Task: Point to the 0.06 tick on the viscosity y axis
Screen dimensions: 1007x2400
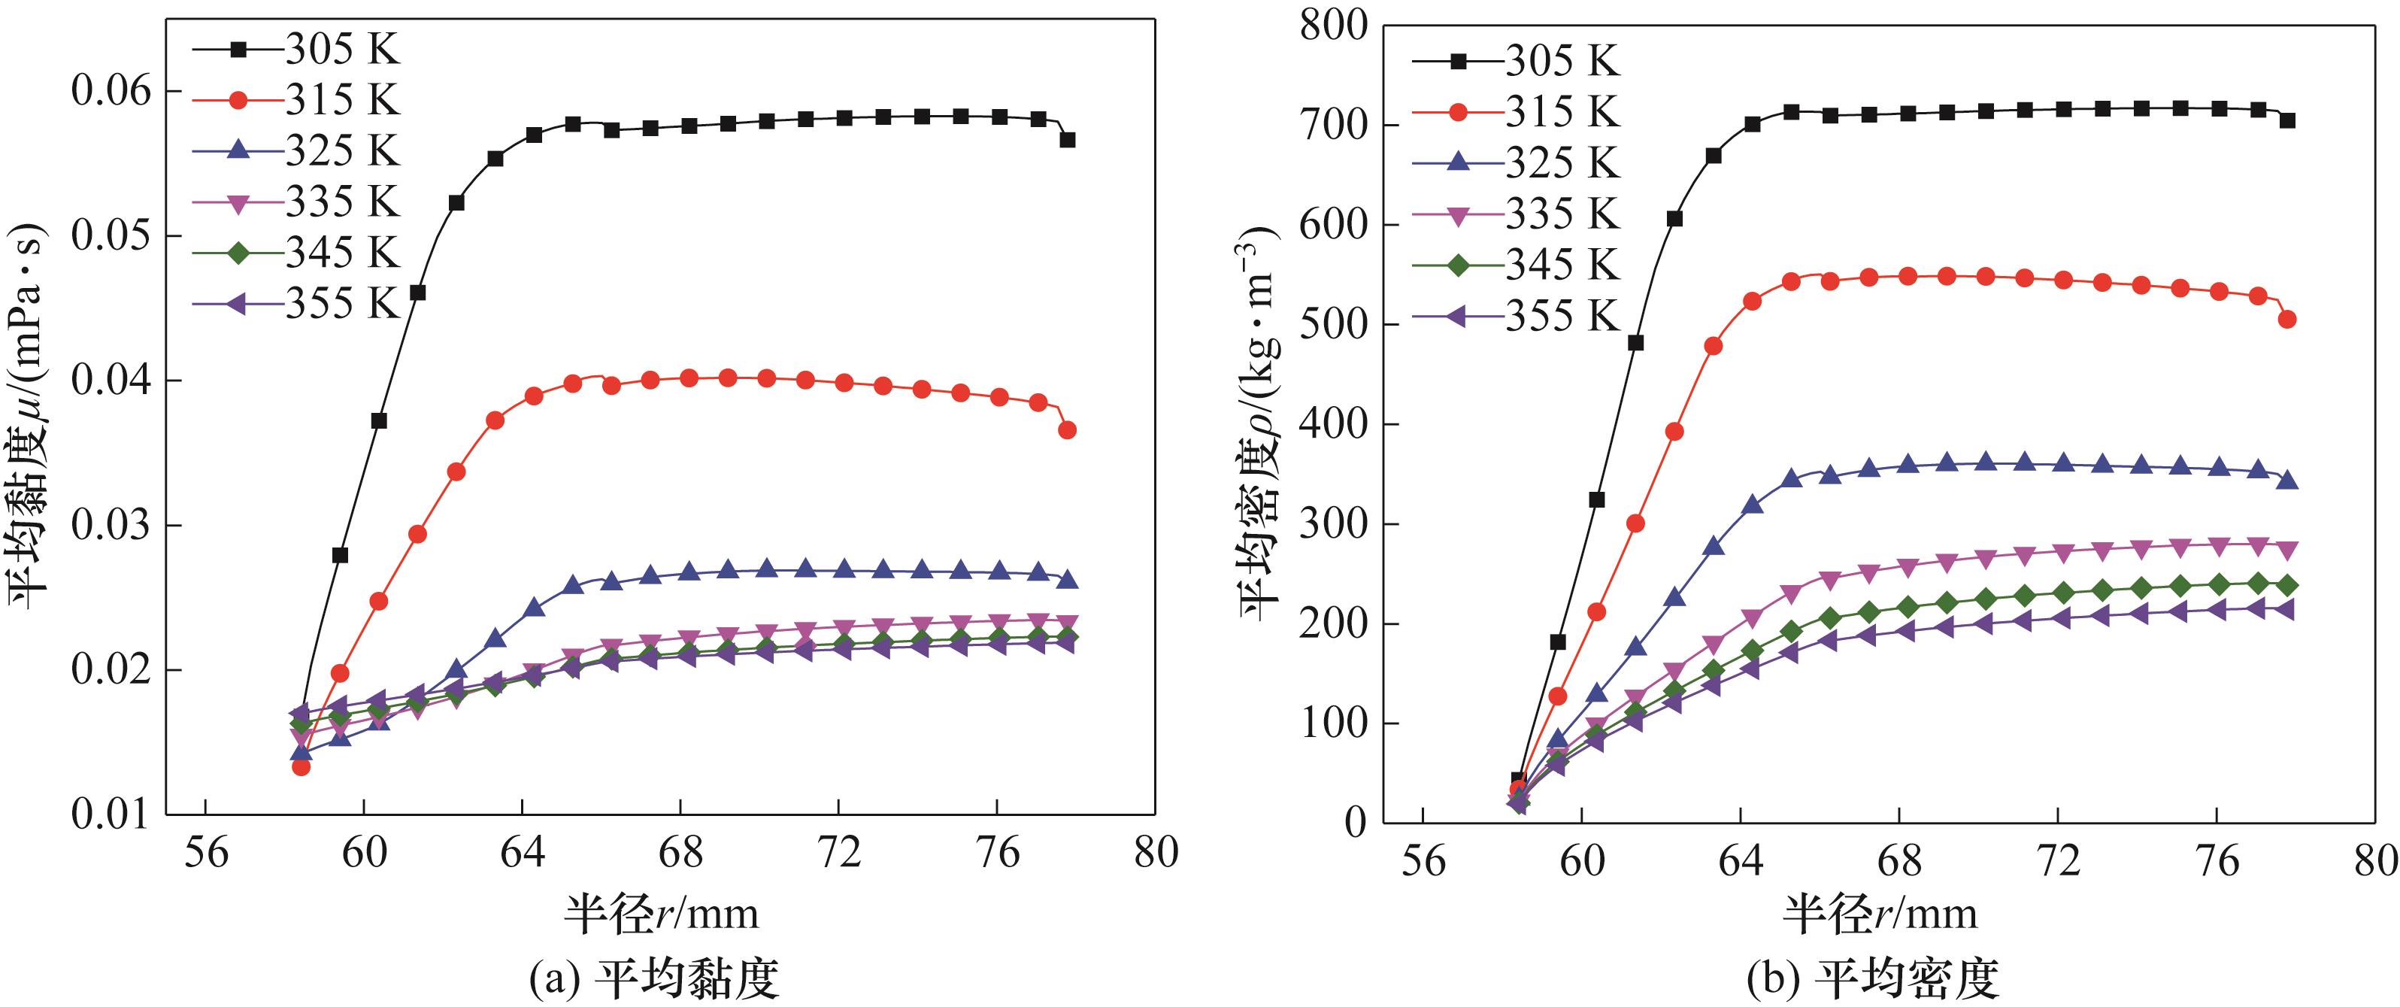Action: tap(109, 91)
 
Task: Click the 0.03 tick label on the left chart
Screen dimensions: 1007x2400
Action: tap(109, 526)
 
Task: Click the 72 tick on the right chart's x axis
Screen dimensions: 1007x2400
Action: tap(2058, 862)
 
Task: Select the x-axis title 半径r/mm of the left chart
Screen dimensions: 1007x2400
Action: tap(661, 913)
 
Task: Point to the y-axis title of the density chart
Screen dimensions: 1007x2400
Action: tap(1259, 424)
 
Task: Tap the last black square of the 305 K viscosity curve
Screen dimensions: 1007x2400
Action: tap(1068, 140)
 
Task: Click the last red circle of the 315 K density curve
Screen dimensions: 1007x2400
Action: tap(2286, 320)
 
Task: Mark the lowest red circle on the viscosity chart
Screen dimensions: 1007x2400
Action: tap(301, 766)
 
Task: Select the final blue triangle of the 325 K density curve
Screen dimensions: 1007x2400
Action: tap(2286, 481)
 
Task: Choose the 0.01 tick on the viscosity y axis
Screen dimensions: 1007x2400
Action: tap(109, 815)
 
